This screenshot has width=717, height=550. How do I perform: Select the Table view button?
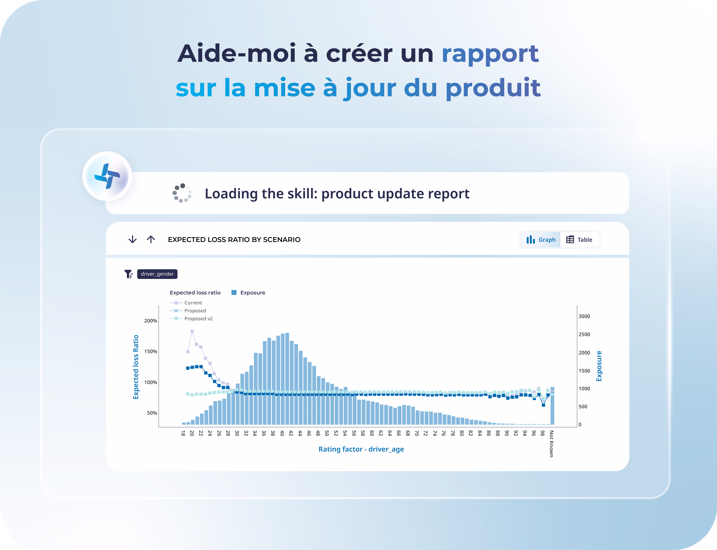coord(579,240)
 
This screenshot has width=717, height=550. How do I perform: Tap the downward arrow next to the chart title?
coord(132,239)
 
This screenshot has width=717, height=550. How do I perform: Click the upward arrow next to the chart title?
coord(151,239)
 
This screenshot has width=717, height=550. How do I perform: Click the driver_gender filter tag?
coord(157,274)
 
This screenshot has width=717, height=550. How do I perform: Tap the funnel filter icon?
coord(128,274)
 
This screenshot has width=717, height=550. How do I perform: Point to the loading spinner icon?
coord(182,193)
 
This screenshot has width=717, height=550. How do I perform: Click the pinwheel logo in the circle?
coord(107,176)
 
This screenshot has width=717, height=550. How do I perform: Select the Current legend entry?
coord(186,303)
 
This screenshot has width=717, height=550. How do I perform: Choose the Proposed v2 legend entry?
coord(191,319)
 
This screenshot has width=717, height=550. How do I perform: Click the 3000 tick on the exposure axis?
coord(584,316)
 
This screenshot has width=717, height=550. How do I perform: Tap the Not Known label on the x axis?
coord(551,444)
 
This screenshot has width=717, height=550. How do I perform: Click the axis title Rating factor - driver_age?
coord(361,449)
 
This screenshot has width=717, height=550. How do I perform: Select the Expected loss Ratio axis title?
coord(136,367)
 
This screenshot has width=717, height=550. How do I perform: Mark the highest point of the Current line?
coord(192,331)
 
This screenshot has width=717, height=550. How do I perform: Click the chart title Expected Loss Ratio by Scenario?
coord(234,240)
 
